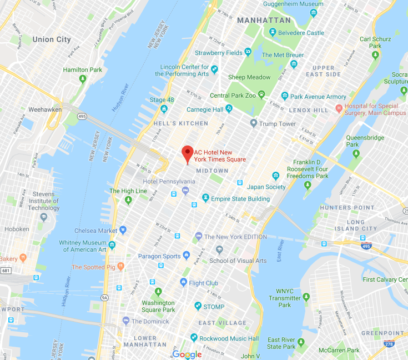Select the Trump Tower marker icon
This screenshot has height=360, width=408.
254,123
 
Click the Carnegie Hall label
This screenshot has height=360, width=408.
205,109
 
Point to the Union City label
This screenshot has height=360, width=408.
52,39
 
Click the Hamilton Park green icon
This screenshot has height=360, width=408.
83,79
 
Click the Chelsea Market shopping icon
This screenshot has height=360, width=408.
123,230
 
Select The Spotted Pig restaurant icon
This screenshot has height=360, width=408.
120,267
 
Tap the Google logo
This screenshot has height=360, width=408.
187,354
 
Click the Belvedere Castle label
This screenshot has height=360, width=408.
300,33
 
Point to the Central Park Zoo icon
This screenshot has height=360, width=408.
263,96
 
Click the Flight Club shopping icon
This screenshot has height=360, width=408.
183,283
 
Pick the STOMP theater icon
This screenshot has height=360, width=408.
198,306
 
